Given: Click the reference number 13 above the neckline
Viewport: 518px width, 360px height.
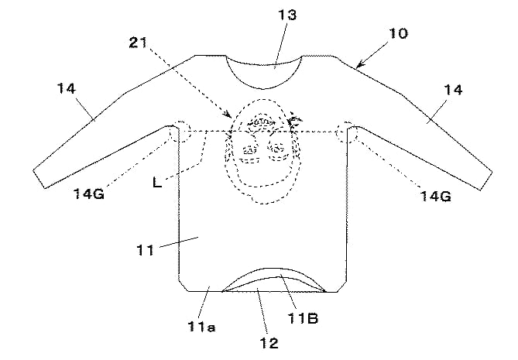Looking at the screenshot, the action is (287, 15).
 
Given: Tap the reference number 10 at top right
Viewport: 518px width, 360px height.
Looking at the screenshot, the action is (398, 34).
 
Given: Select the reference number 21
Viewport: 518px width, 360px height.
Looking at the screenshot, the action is (138, 43).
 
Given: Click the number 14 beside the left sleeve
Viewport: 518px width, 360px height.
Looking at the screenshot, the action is (67, 88).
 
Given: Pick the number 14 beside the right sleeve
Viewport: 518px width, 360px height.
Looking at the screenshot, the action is (453, 90).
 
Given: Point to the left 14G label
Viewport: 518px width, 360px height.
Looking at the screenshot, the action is (88, 194).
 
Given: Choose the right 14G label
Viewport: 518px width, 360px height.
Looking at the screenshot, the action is (435, 197).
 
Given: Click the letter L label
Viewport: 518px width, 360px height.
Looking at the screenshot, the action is (157, 182).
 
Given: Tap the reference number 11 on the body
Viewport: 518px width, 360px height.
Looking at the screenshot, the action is (145, 250).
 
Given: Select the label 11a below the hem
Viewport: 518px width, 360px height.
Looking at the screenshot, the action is (201, 327).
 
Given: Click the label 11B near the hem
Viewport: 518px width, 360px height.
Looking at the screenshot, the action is (303, 318).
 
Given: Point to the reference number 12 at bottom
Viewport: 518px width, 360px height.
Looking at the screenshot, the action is (269, 343).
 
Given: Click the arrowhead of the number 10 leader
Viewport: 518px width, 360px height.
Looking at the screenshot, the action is (359, 65).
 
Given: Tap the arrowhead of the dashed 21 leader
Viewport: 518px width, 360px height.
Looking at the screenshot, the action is (228, 115).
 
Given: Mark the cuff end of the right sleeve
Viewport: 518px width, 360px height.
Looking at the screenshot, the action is (486, 181).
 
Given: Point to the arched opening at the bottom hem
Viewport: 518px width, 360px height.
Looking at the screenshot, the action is (274, 269).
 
